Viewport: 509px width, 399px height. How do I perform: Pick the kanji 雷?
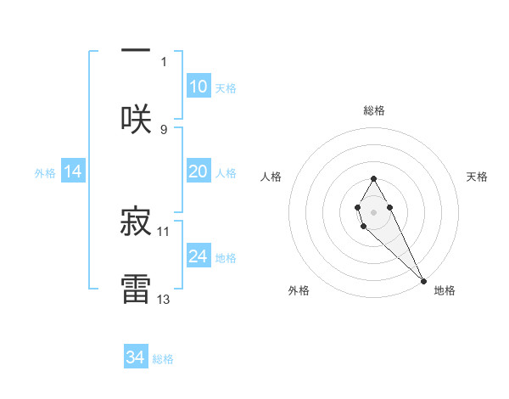pos(136,288)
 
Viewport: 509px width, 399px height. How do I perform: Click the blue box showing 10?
pos(198,87)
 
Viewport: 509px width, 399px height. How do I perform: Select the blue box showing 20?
pos(198,171)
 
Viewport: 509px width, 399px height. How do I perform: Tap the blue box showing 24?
pos(198,256)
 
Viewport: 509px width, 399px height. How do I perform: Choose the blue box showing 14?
pos(73,171)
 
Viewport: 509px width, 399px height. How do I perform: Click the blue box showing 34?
pos(136,357)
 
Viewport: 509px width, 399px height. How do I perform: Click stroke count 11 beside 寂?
pos(164,231)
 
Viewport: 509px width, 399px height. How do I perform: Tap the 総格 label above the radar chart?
pos(374,110)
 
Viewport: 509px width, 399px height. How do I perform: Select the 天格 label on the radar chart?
pos(477,177)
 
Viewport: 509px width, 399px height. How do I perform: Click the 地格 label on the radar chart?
pos(445,290)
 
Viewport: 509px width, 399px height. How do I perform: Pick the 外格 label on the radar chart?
pos(299,290)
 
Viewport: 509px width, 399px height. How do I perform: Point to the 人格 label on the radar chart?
pos(271,177)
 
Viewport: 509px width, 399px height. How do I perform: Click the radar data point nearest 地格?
pos(423,280)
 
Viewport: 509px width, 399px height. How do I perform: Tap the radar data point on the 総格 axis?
pos(373,178)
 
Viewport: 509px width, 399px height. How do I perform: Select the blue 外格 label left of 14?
pos(45,172)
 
